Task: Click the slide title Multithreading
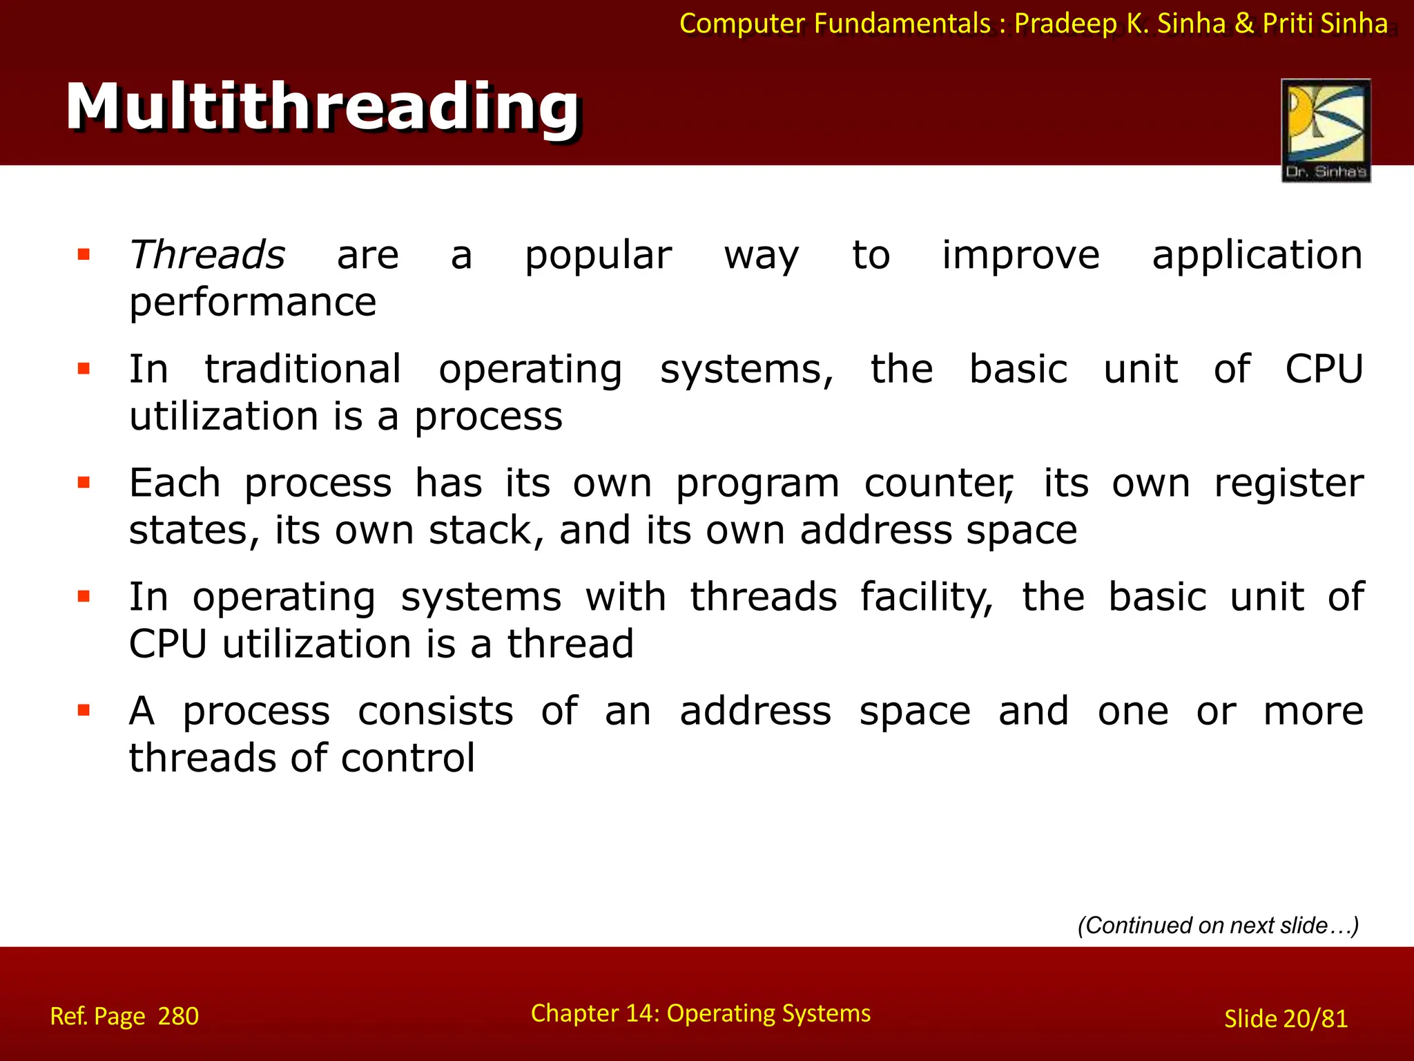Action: click(x=322, y=107)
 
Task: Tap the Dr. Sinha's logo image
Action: click(x=1326, y=130)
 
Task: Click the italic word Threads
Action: click(x=207, y=255)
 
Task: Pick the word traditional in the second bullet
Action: click(x=302, y=370)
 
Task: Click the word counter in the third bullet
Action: click(x=938, y=484)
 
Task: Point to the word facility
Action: click(x=926, y=598)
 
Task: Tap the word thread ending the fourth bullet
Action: click(x=570, y=644)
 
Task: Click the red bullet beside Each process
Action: click(x=84, y=483)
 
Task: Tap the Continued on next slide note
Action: click(x=1218, y=926)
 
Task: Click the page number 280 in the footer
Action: click(x=178, y=1017)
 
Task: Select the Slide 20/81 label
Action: click(x=1286, y=1019)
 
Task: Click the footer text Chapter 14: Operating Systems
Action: click(x=700, y=1013)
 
